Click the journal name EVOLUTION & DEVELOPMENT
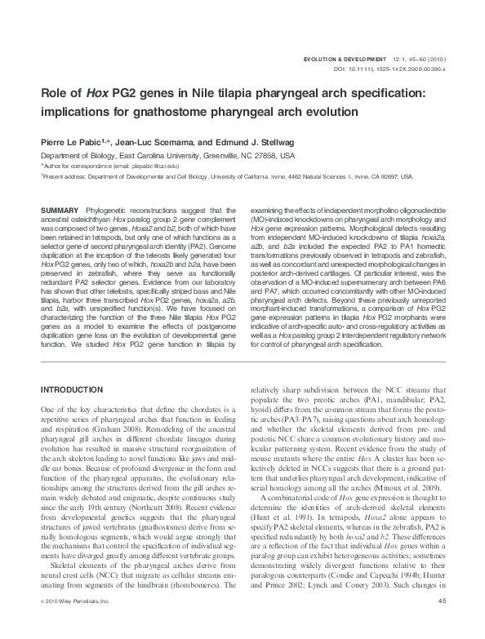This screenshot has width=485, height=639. (x=343, y=60)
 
